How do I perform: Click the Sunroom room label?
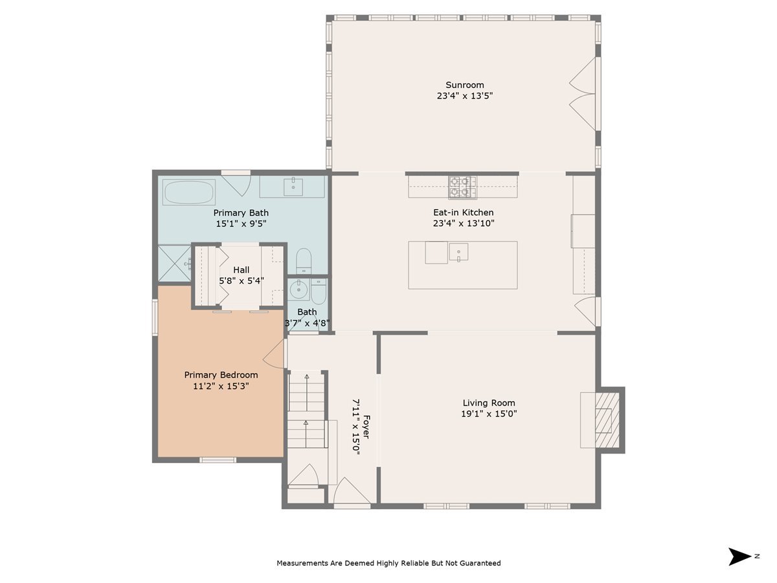pyautogui.click(x=464, y=85)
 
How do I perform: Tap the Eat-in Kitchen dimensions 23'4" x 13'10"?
pyautogui.click(x=464, y=223)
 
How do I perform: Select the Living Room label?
pyautogui.click(x=489, y=403)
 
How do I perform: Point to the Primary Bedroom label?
pyautogui.click(x=221, y=375)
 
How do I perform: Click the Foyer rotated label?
pyautogui.click(x=366, y=427)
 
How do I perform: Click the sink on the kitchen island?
pyautogui.click(x=458, y=252)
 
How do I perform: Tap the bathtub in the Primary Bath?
pyautogui.click(x=188, y=192)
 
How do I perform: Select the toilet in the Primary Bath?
pyautogui.click(x=304, y=261)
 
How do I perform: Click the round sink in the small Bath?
pyautogui.click(x=299, y=290)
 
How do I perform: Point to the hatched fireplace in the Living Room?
pyautogui.click(x=607, y=420)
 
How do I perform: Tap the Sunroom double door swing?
pyautogui.click(x=583, y=94)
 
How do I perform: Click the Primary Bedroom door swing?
pyautogui.click(x=274, y=354)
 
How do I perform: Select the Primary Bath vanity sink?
pyautogui.click(x=293, y=187)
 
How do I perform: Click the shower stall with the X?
pyautogui.click(x=174, y=264)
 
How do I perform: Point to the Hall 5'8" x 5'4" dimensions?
pyautogui.click(x=242, y=281)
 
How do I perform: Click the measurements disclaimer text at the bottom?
pyautogui.click(x=388, y=563)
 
